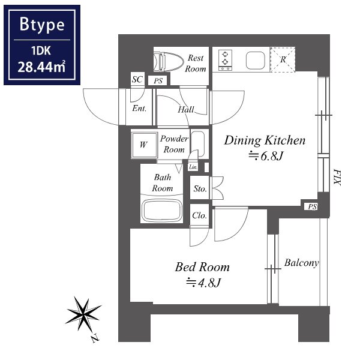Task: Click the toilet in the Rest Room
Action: pos(169,61)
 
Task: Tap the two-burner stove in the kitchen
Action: pos(225,61)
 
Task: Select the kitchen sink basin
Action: pos(256,61)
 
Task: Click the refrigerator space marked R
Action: pos(283,59)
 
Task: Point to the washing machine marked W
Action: pos(144,145)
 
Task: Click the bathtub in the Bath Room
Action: pos(162,211)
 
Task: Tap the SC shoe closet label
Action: pos(137,79)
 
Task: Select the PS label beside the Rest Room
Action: pos(158,81)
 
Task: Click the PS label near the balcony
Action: pos(312,206)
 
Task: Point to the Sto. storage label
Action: pos(200,189)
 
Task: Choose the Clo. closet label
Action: pos(200,215)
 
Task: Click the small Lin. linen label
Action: pos(193,167)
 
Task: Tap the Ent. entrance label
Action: pos(139,109)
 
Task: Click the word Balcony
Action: pos(302,263)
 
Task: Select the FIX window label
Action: pos(337,177)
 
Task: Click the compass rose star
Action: pos(83,314)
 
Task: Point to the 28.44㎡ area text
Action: pos(41,67)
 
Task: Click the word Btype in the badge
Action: pos(42,25)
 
